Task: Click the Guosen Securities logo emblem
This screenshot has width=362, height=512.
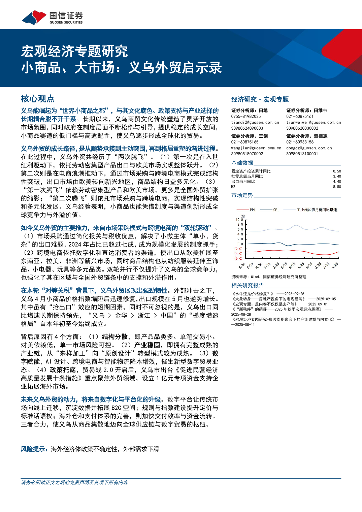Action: pos(34,17)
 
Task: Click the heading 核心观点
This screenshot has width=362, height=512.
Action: pos(38,99)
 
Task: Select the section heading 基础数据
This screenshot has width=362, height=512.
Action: pos(242,163)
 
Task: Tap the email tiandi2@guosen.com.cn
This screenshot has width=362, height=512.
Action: pos(255,122)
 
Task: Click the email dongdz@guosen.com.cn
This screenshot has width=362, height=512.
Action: pos(309,148)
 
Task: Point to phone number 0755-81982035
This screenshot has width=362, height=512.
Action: pos(246,117)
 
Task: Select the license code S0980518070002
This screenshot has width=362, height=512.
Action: pos(247,154)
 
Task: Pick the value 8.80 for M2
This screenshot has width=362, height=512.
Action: pos(337,187)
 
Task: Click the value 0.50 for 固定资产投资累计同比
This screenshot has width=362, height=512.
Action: pos(337,171)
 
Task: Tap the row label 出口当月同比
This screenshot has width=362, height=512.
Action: pos(243,182)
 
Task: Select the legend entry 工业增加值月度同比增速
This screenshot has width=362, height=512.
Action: pos(317,210)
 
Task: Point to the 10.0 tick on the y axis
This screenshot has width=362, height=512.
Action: pos(239,220)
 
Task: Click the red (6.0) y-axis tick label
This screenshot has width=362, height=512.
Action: pos(238,258)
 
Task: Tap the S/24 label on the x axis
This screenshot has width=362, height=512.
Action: pos(241,266)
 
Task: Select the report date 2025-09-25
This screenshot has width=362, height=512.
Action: pos(294,294)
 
